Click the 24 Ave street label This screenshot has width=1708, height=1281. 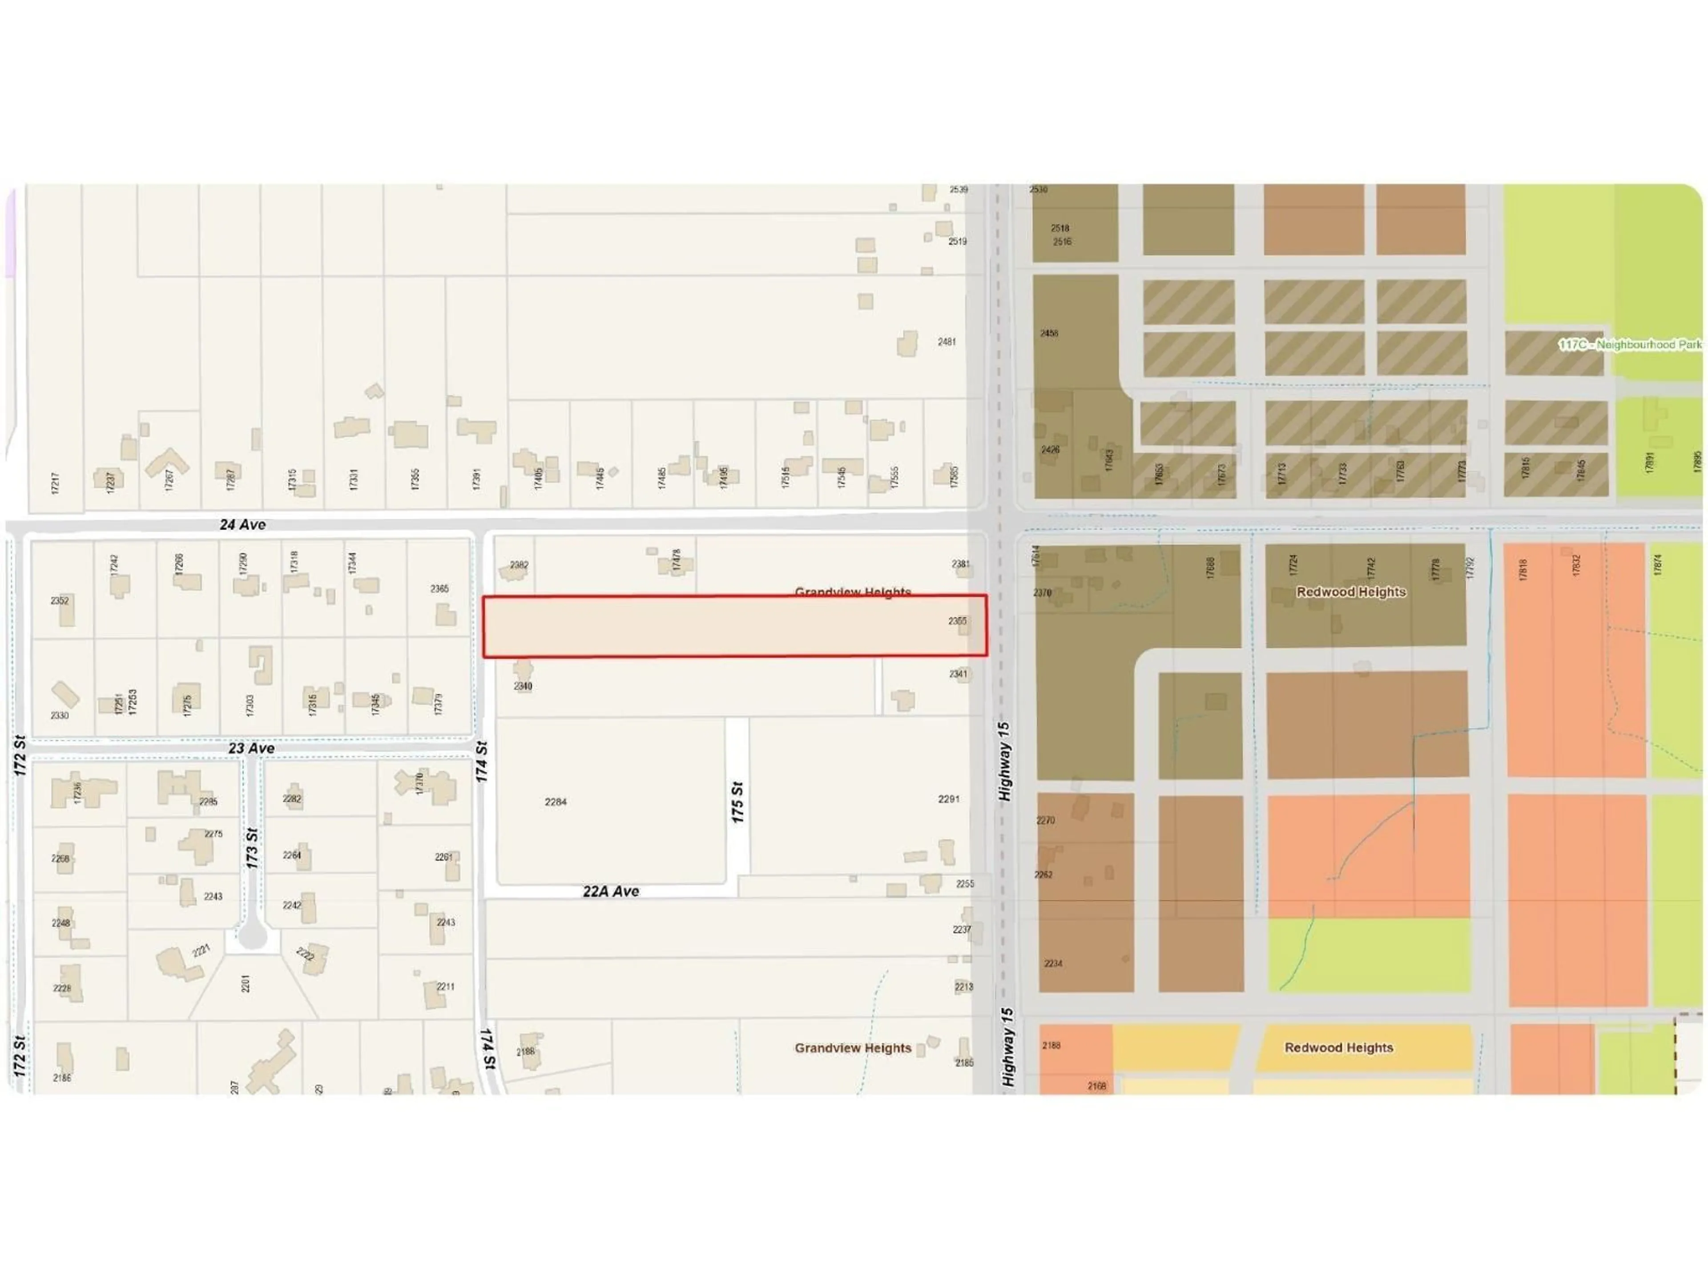click(x=242, y=524)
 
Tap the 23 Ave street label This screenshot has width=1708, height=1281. click(x=251, y=748)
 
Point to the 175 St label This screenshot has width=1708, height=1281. click(x=737, y=802)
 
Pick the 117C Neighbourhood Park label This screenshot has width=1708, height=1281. click(x=1629, y=344)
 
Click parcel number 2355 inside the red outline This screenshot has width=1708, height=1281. click(x=958, y=621)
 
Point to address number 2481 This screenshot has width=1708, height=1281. click(x=947, y=341)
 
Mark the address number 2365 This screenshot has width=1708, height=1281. click(x=439, y=588)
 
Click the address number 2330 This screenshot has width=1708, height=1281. click(x=60, y=715)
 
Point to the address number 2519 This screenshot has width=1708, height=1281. click(x=958, y=241)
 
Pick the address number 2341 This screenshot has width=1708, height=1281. click(x=958, y=673)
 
